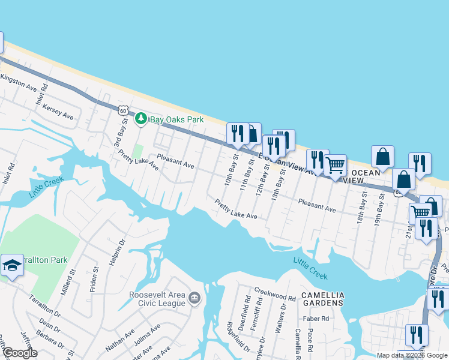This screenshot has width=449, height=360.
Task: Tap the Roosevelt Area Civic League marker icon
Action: (x=194, y=298)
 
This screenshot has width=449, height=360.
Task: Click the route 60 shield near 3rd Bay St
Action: (x=123, y=110)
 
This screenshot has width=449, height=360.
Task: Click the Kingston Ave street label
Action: (x=19, y=83)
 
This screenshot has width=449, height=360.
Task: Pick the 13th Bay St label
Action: (x=276, y=187)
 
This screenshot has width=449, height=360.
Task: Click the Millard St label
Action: (x=67, y=282)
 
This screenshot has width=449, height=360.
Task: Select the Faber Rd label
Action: (x=317, y=319)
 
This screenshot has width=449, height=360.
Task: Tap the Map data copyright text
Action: (x=412, y=355)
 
